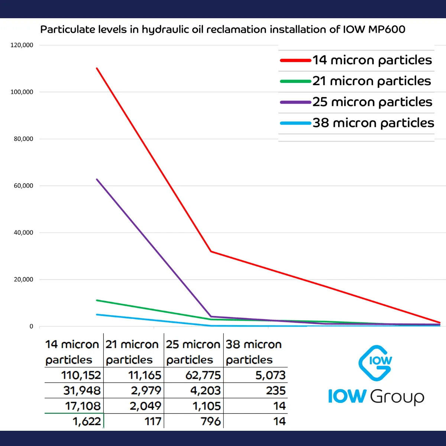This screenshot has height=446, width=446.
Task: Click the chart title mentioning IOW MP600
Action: [x=223, y=29]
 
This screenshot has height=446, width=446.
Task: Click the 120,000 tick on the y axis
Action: [x=22, y=45]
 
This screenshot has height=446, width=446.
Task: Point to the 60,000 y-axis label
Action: [x=23, y=186]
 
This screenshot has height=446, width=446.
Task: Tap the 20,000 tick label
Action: [x=23, y=279]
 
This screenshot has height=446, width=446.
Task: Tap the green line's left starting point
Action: [x=97, y=300]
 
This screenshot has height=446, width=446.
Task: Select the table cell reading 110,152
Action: [x=81, y=375]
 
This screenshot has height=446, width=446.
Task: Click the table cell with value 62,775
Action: [x=203, y=375]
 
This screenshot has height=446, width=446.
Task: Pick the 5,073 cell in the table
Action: [x=270, y=375]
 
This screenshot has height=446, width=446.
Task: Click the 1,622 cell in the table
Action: [x=87, y=421]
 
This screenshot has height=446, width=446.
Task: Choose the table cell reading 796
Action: [x=211, y=421]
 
